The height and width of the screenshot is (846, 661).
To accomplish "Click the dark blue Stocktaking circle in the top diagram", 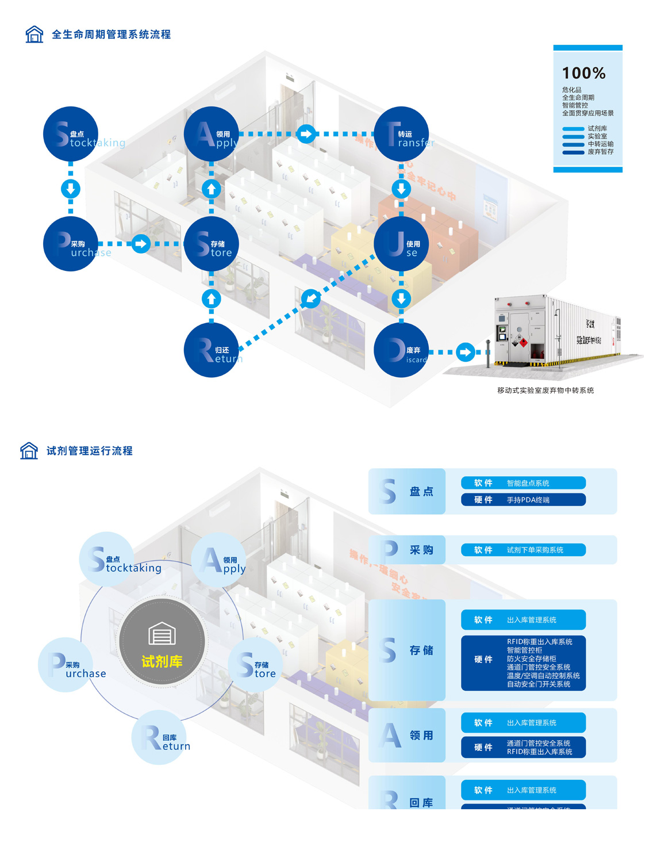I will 71,134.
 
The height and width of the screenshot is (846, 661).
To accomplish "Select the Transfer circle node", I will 401,134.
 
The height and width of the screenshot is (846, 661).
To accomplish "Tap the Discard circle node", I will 401,350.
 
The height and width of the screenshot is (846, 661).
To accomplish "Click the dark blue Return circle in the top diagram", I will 211,350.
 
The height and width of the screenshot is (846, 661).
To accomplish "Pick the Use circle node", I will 401,244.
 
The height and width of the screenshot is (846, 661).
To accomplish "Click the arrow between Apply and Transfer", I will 306,134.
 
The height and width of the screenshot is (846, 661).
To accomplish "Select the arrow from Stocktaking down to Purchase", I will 71,189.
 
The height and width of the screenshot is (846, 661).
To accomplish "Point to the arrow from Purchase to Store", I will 141,244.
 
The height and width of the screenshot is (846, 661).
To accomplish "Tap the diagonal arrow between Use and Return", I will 311,298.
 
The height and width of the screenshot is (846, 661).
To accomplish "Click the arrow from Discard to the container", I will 466,352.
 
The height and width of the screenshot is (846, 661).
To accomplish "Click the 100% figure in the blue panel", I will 583,74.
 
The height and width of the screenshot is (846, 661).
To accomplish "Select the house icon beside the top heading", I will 34,35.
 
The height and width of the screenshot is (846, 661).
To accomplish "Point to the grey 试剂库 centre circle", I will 162,641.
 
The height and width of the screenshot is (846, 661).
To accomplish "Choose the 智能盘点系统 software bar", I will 523,483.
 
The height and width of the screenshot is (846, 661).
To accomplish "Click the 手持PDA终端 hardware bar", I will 523,500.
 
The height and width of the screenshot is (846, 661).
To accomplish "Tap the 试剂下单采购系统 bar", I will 523,550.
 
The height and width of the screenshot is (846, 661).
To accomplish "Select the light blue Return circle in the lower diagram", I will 159,738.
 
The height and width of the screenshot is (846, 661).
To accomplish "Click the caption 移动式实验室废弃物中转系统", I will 545,391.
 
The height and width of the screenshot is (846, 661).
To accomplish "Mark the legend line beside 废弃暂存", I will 573,152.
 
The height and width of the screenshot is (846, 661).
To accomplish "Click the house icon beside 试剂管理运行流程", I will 29,451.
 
